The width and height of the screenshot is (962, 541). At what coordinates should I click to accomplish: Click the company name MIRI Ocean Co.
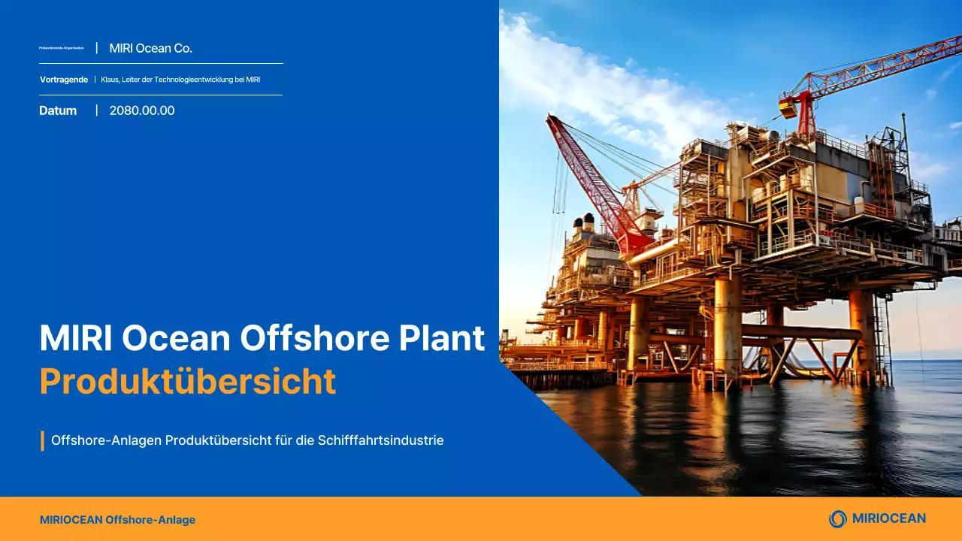[150, 48]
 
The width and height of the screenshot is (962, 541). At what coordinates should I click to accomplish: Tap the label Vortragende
[64, 80]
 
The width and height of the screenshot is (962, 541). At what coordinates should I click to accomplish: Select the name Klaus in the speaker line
[110, 80]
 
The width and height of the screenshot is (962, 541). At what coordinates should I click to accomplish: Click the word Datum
[58, 110]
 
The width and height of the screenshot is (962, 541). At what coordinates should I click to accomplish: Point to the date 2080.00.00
[142, 110]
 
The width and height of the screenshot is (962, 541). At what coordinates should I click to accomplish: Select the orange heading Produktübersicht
[187, 382]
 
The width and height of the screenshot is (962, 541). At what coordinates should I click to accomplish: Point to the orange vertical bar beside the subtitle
[42, 440]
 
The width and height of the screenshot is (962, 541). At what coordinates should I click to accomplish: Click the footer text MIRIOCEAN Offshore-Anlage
[117, 520]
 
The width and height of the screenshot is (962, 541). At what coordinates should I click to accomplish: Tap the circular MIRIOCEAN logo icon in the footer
[837, 518]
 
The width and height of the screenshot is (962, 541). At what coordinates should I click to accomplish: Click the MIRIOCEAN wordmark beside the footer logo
[888, 518]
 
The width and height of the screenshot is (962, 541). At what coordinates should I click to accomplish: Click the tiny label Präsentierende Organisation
[61, 48]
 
